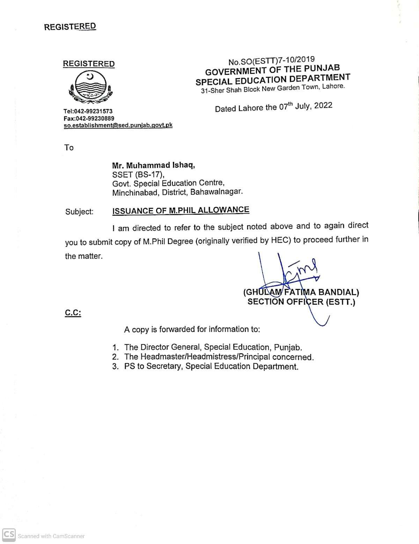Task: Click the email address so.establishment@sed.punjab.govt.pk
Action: coord(118,125)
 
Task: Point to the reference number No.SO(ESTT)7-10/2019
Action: coord(271,61)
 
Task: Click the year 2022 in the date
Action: coord(323,105)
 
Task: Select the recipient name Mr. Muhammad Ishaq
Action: coord(153,165)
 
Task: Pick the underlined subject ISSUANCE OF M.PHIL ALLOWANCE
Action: coord(181,210)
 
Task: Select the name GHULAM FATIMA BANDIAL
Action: coord(301,292)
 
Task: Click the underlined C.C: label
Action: coord(73,313)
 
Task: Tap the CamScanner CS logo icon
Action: coord(9,535)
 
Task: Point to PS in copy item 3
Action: coord(130,366)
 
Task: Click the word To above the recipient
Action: coord(69,148)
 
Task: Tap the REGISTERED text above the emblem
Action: coord(89,64)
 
